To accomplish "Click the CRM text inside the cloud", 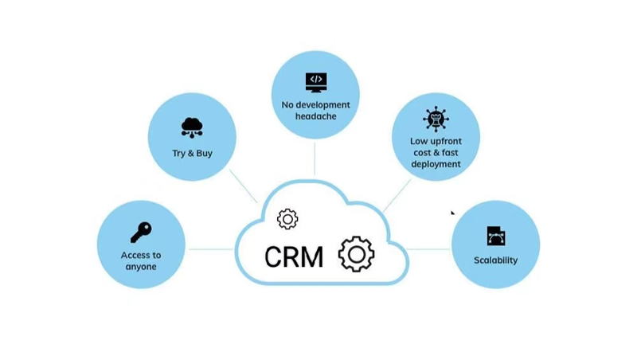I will point(294,256).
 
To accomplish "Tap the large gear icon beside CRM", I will point(356,254).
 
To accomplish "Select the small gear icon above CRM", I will point(287,219).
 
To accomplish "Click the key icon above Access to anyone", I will point(141,232).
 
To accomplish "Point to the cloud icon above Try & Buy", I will point(192,127).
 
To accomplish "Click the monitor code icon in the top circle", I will point(316,81).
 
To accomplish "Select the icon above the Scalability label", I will point(496,236).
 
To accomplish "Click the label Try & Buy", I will point(193,153).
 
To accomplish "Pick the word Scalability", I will point(495,260).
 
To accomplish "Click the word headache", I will point(316,116).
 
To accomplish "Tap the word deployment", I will point(436,164).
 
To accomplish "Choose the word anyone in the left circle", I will point(141,267).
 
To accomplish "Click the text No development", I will point(316,104).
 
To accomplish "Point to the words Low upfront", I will point(436,141).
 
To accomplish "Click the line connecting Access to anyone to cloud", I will point(210,249).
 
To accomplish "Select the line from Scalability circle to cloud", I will point(430,249).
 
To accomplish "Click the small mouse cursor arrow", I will point(453,213).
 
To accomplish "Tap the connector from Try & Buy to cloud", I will point(244,186).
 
